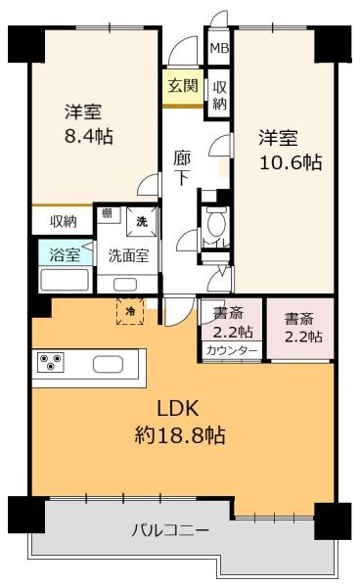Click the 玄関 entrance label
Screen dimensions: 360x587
183,86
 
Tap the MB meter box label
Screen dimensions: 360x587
219,48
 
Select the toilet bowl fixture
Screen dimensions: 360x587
215,222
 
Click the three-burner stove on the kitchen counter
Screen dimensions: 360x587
51,362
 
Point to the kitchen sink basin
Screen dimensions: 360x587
108,364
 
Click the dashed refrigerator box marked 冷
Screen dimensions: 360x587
130,311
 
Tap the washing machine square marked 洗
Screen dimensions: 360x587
142,222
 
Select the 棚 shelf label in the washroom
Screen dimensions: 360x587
107,213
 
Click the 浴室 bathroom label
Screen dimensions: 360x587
65,254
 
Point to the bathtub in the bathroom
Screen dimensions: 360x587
65,280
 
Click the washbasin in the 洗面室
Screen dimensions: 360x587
125,284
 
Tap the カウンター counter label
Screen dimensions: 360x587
232,351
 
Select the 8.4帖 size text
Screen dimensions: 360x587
89,136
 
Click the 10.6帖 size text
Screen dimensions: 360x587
291,162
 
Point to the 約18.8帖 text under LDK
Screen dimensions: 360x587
180,435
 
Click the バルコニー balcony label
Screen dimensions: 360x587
170,531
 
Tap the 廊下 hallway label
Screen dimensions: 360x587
182,168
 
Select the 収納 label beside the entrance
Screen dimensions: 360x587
219,96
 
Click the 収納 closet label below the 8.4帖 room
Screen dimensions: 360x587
64,222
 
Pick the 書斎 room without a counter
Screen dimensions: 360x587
300,329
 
